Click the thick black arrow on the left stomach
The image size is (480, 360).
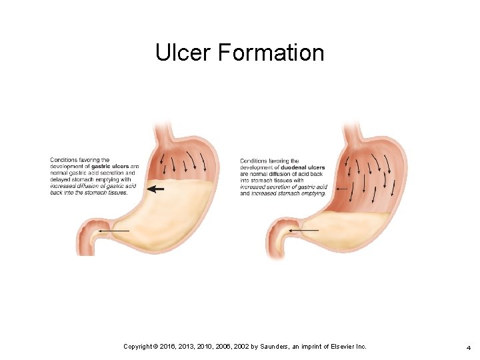(155, 189)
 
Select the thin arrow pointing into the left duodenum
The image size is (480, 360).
(114, 230)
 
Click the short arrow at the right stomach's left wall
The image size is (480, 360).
(343, 189)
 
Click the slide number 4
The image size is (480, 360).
(469, 347)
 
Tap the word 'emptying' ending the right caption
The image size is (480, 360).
(311, 193)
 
